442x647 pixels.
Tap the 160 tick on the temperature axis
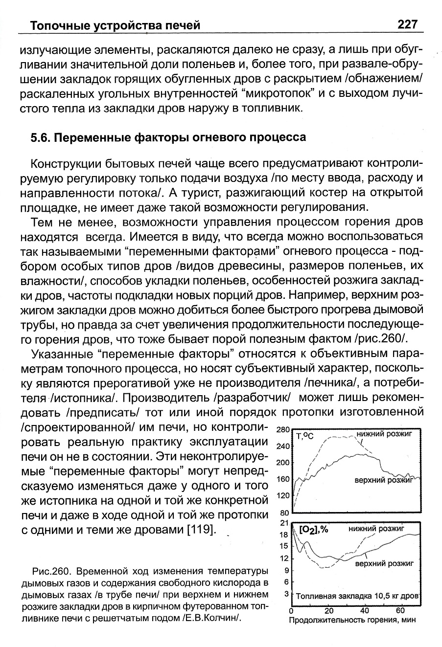click(x=283, y=479)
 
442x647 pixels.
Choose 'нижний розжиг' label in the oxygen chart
click(x=376, y=529)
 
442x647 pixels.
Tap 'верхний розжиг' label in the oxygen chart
click(x=384, y=563)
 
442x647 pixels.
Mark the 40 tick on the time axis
click(x=365, y=611)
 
